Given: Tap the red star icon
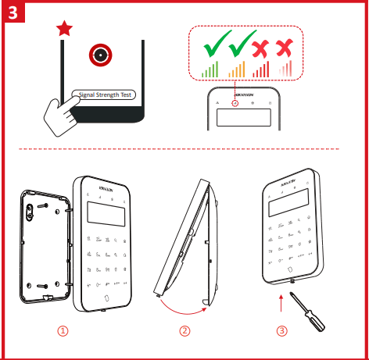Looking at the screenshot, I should pyautogui.click(x=65, y=30).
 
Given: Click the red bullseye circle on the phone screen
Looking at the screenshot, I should pyautogui.click(x=99, y=54).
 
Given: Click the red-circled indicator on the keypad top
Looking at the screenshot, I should pyautogui.click(x=234, y=103).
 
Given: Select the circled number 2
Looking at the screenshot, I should pyautogui.click(x=184, y=330).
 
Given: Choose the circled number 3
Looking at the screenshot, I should pyautogui.click(x=282, y=330).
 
